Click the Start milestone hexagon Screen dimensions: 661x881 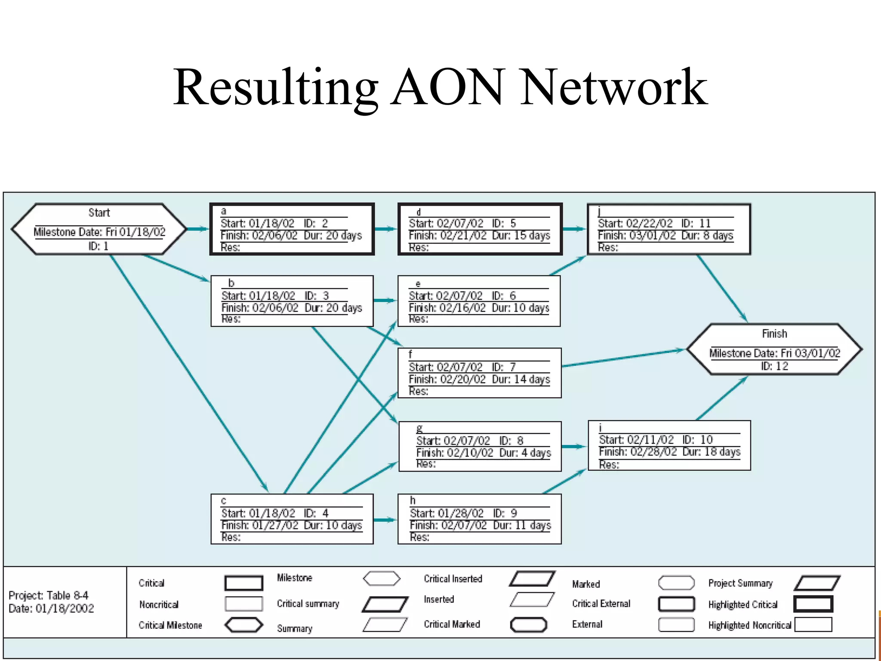tap(99, 229)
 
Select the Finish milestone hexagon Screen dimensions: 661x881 tap(774, 349)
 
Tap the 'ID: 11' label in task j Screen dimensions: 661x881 tap(696, 223)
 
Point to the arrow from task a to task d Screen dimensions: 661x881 tap(385, 229)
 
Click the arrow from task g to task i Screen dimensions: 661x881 tap(574, 447)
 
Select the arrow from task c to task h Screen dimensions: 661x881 tap(385, 520)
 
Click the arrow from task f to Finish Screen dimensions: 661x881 tap(624, 358)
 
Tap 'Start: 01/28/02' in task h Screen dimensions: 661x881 tap(447, 513)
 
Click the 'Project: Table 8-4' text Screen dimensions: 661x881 tap(48, 596)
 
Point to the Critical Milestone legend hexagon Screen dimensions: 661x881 tap(244, 625)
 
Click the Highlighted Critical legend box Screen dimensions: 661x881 tap(813, 604)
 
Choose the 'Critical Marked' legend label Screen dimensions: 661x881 tap(452, 624)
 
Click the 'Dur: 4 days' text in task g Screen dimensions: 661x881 tap(525, 453)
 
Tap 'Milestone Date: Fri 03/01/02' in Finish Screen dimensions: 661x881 tap(774, 353)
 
